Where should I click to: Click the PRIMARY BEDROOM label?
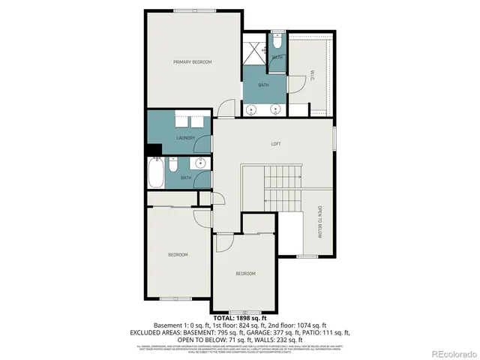(192, 61)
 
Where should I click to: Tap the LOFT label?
(275, 143)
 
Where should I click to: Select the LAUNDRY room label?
(185, 138)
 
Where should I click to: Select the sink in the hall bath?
(200, 164)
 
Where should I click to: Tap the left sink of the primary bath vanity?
(251, 109)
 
